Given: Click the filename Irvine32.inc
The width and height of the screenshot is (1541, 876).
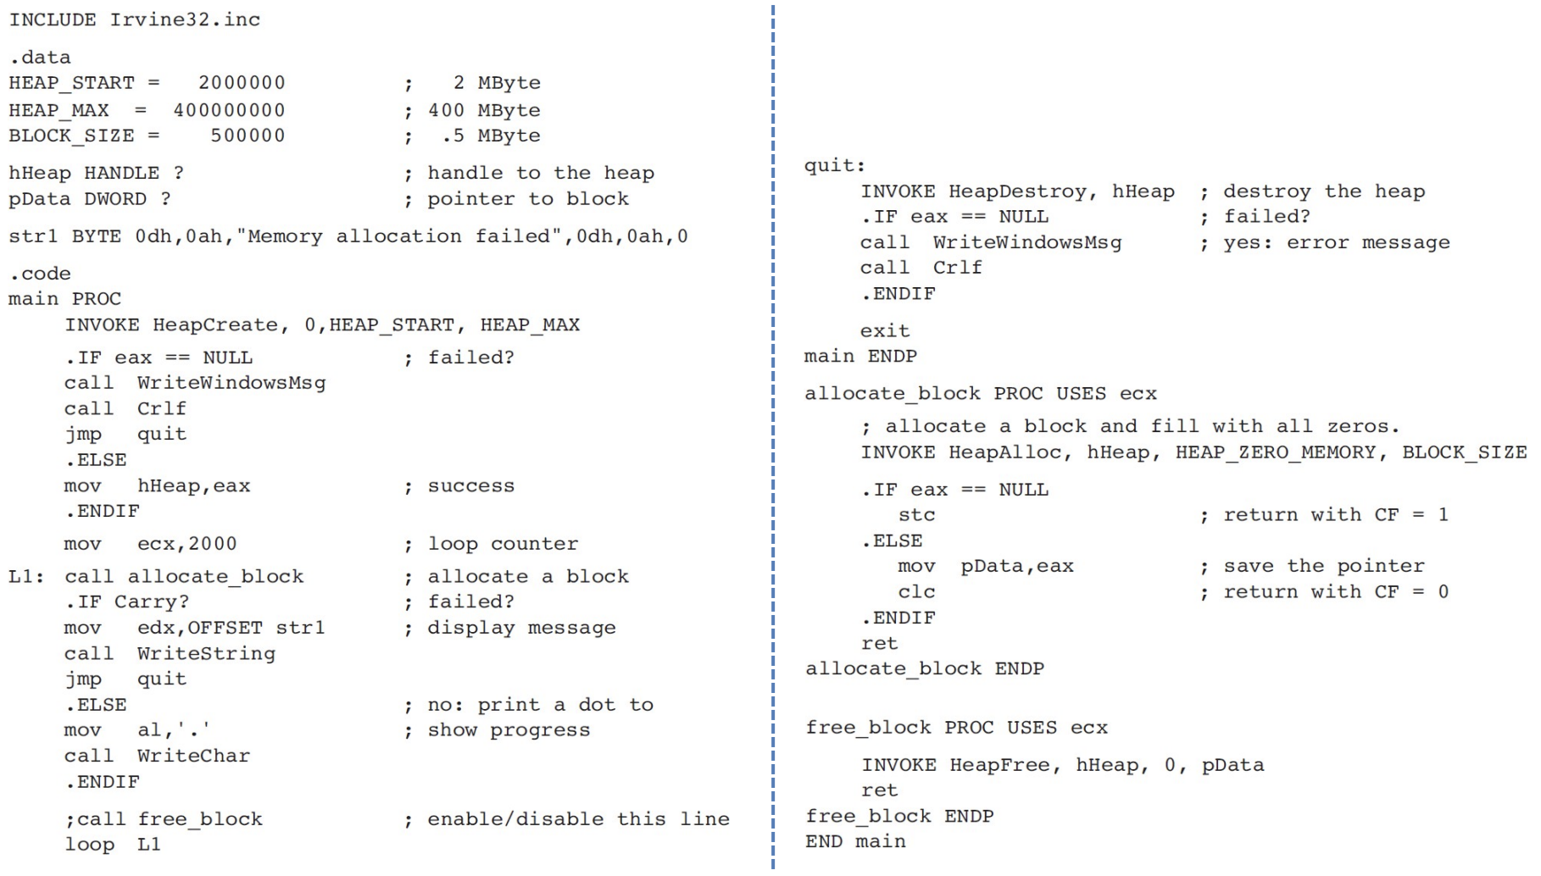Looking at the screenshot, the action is point(185,19).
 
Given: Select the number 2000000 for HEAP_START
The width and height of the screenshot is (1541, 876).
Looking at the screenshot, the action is point(242,83).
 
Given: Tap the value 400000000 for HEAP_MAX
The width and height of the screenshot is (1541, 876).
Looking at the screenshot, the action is point(229,110).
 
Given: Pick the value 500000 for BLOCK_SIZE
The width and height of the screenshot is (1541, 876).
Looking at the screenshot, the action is point(248,136).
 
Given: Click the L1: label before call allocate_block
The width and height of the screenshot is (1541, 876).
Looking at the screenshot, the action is point(25,577).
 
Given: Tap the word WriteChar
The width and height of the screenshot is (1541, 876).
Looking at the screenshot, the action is point(193,756).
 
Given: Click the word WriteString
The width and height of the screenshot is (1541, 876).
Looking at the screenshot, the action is point(206,654).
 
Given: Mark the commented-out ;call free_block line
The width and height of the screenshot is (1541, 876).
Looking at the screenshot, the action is point(164,819).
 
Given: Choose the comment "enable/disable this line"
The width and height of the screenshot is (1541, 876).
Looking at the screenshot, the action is point(578,819).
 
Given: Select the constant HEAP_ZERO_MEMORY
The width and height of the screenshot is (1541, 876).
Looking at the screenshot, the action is point(1275,452).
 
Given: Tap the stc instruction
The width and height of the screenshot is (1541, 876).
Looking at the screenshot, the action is point(916,515).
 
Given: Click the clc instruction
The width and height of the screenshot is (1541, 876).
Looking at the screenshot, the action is point(916,592).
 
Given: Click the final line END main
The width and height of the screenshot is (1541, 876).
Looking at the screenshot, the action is point(854,842).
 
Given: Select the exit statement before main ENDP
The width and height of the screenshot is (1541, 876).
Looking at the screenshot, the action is point(884,331).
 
